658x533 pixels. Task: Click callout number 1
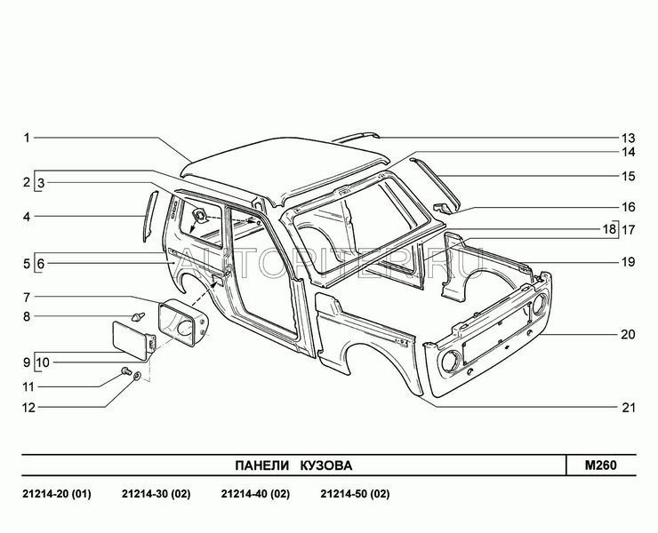click(27, 138)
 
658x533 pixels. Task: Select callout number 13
click(628, 138)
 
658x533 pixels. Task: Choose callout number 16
click(628, 206)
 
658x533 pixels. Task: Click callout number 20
click(628, 336)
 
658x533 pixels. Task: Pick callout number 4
click(27, 216)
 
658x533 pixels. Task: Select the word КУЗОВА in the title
click(325, 465)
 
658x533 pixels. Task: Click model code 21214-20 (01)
click(55, 493)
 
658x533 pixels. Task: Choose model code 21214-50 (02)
click(354, 493)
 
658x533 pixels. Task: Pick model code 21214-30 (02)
click(155, 493)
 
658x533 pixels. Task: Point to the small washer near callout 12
click(136, 378)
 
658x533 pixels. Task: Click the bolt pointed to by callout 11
click(125, 369)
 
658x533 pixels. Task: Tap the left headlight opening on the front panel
click(450, 360)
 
